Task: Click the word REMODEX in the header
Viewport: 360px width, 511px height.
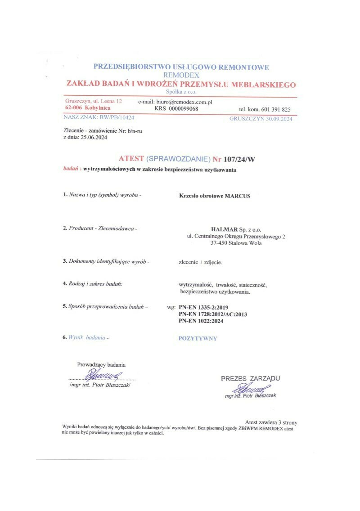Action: pos(181,75)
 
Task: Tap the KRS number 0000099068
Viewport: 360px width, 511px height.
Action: pos(182,109)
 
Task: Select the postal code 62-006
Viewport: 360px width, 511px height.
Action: pos(73,108)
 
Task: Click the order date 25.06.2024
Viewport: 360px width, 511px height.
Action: pos(95,138)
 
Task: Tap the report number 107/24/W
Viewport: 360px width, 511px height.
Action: pos(242,159)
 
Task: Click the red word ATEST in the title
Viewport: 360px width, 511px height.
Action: pos(131,159)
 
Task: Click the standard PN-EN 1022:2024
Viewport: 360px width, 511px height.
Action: pos(201,321)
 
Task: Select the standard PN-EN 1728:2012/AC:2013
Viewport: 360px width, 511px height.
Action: pos(212,314)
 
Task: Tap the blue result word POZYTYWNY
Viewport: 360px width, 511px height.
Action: pos(198,339)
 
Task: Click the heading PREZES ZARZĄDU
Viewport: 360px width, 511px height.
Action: pos(250,378)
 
